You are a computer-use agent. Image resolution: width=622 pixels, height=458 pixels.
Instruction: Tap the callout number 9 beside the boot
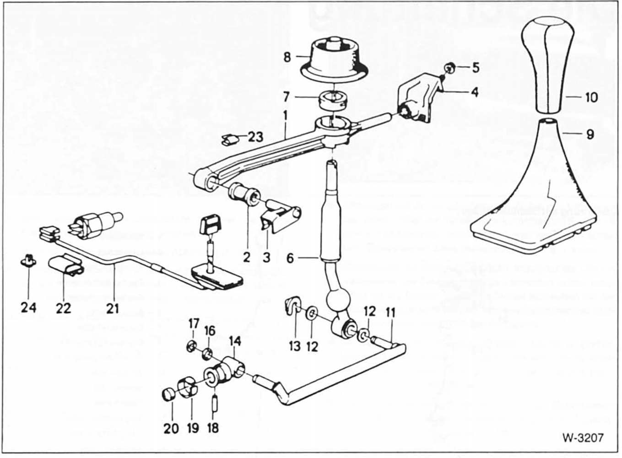pos(590,135)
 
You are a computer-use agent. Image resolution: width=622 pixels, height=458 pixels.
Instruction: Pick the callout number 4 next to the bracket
pos(475,92)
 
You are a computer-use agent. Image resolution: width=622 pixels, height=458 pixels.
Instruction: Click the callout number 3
pos(266,258)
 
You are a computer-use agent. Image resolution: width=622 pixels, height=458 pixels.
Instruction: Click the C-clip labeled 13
pos(291,306)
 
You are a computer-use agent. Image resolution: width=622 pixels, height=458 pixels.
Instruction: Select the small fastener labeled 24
pos(28,261)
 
